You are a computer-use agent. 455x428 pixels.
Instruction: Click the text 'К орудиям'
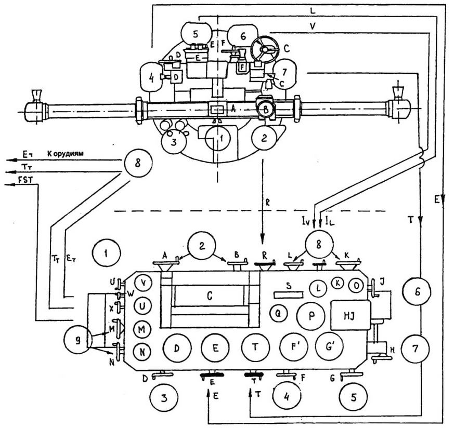tap(65, 154)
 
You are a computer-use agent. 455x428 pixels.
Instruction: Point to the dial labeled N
tap(142, 352)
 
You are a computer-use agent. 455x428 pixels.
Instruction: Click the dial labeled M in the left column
tap(142, 328)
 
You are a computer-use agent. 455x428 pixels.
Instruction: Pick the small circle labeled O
tap(356, 285)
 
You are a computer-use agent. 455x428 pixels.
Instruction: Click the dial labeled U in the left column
tap(142, 305)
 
